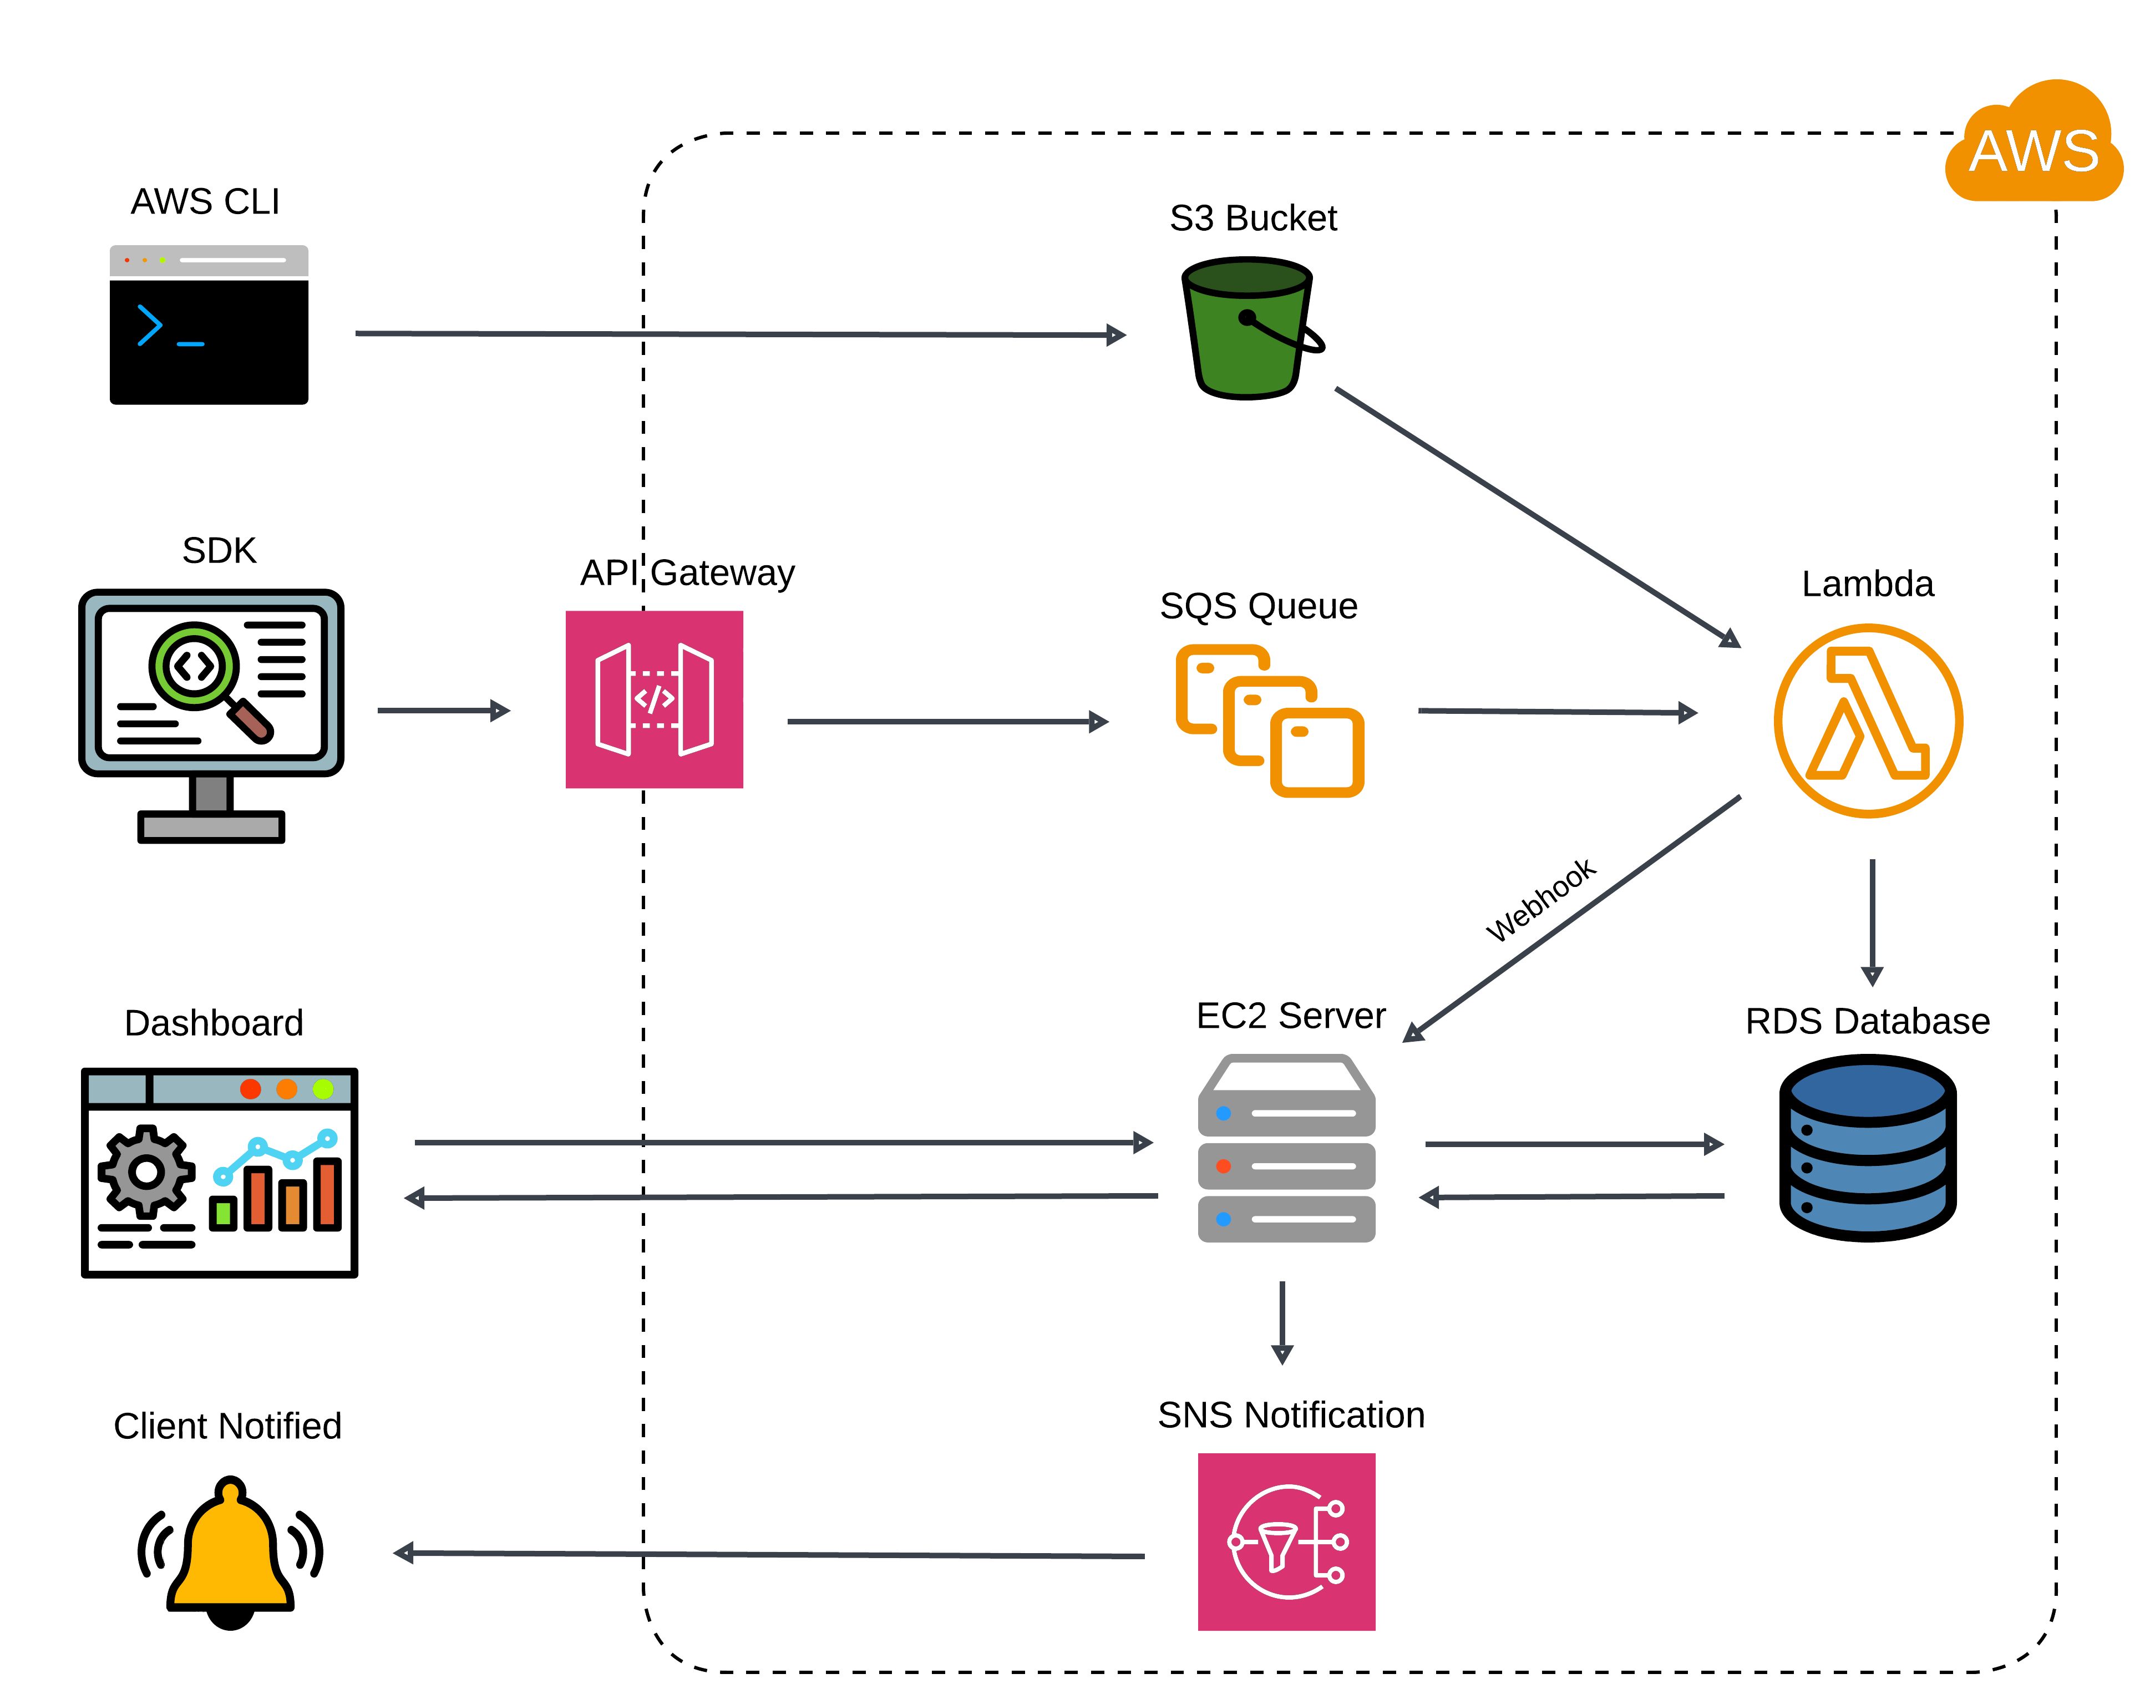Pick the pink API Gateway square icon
(x=655, y=699)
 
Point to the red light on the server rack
(x=1224, y=1166)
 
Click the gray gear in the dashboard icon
(x=147, y=1171)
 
